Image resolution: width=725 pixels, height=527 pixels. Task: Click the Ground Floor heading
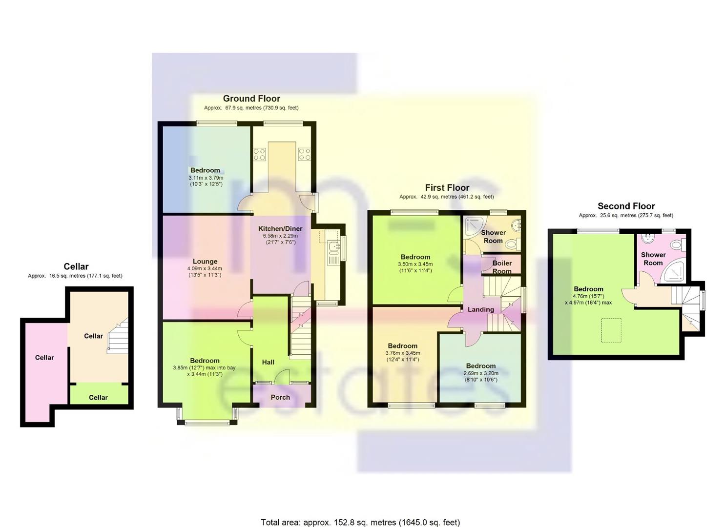[x=251, y=99]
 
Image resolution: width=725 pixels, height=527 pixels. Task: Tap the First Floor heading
[x=447, y=187]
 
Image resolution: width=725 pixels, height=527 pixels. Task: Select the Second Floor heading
[x=626, y=206]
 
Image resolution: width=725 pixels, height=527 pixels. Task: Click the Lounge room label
[x=205, y=262]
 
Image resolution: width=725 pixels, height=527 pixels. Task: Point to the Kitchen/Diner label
[x=280, y=228]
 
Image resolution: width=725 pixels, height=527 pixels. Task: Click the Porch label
[x=280, y=397]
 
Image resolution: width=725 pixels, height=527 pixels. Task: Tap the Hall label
[x=268, y=362]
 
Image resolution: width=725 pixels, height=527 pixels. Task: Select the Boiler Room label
[x=502, y=267]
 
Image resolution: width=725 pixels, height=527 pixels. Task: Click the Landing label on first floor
[x=480, y=309]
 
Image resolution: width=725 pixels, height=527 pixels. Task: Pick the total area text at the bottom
[x=360, y=522]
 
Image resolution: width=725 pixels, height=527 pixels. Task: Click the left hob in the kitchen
[x=259, y=155]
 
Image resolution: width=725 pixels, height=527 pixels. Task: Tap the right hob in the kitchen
[x=304, y=155]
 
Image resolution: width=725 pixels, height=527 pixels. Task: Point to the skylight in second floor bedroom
[x=610, y=326]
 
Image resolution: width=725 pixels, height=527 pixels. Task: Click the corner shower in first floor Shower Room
[x=473, y=226]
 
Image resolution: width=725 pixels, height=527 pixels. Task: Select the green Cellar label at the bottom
[x=98, y=397]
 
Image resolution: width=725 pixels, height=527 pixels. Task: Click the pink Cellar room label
[x=44, y=358]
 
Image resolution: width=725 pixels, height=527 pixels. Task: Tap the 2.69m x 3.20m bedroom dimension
[x=480, y=373]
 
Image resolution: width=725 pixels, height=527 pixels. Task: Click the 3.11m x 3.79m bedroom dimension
[x=206, y=178]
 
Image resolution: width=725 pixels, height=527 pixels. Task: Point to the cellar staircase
[x=118, y=336]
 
